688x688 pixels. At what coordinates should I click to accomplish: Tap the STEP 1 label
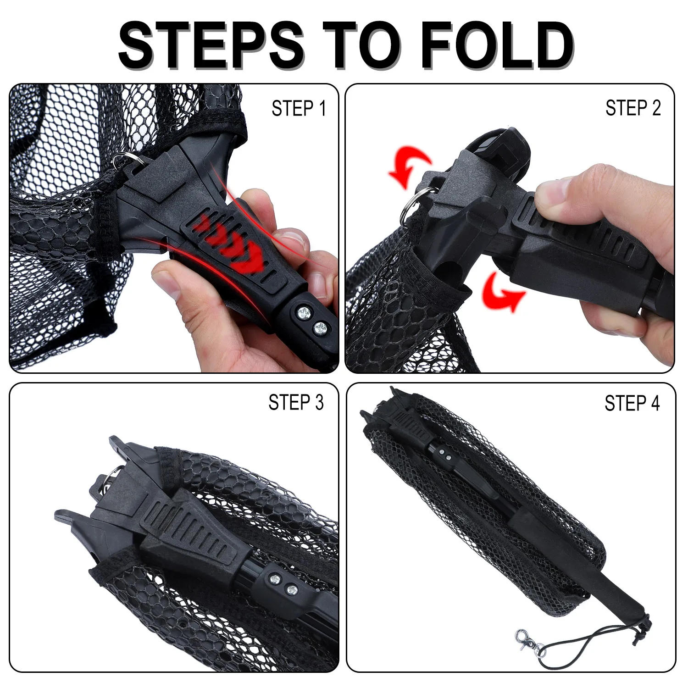pos(299,109)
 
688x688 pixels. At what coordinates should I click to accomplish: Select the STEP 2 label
pos(633,109)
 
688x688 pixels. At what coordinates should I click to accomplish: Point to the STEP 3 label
pos(296,402)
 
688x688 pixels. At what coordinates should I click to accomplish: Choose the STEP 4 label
pos(632,404)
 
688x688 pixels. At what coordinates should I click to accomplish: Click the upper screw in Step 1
pos(303,313)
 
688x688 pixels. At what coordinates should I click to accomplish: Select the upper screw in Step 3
pos(275,578)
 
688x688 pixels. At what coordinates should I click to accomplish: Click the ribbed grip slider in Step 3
pos(193,527)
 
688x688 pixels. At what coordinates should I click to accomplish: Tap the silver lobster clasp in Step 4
pos(527,640)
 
